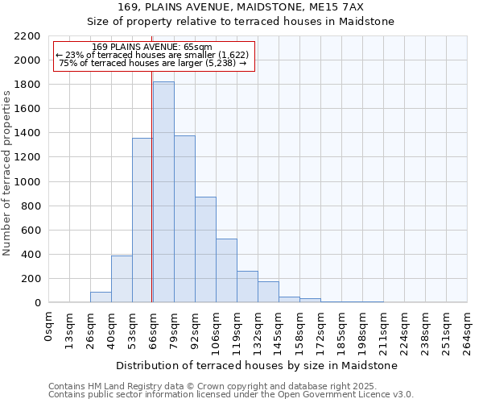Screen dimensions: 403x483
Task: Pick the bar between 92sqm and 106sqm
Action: [x=205, y=249]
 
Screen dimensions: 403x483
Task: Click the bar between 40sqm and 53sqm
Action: [x=122, y=279]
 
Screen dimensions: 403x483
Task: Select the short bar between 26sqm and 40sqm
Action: [x=101, y=297]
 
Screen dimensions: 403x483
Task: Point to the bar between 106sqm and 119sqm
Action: [x=226, y=270]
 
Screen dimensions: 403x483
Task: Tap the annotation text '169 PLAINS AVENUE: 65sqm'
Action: [x=152, y=48]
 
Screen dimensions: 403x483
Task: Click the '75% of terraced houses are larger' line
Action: [x=152, y=63]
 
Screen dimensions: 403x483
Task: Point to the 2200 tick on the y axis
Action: [x=27, y=36]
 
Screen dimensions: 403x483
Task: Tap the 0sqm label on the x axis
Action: [x=49, y=326]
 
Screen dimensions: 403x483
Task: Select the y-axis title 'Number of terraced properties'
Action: [x=7, y=173]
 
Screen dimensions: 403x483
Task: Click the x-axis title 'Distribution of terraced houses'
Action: [x=258, y=366]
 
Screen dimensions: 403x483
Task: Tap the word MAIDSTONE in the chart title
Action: [x=308, y=7]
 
